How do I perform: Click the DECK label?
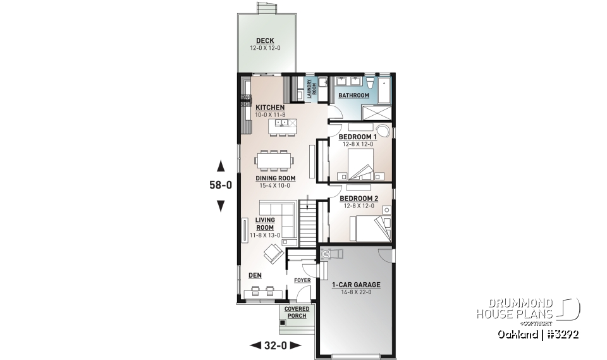265,41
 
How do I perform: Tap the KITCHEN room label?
270,108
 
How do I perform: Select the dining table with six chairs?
275,160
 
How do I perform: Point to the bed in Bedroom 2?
371,228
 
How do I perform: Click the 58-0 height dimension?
221,185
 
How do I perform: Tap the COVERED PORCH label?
297,312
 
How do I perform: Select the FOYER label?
302,280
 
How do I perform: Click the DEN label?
254,275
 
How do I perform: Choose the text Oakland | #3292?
537,333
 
